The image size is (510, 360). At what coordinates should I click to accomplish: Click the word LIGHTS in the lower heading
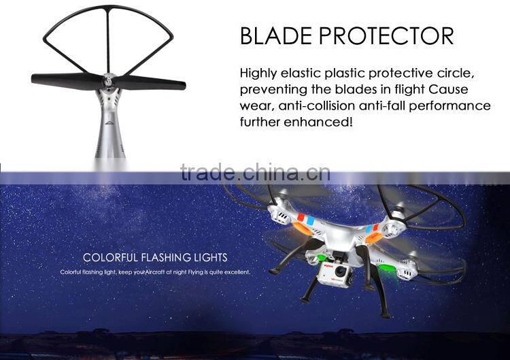[x=210, y=257]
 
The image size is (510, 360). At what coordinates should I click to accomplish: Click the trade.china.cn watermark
[x=255, y=173]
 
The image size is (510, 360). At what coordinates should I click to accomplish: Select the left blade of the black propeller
[x=65, y=79]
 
